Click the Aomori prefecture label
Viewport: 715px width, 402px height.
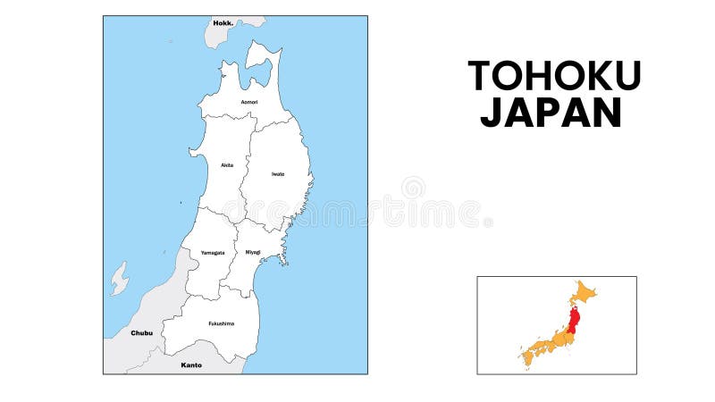249,102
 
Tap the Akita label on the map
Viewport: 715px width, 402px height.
227,165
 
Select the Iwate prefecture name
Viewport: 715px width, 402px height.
278,174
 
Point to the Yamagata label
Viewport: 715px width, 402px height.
213,253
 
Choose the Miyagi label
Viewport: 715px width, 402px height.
253,253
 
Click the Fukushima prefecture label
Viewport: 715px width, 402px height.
221,323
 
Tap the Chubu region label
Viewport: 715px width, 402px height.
141,333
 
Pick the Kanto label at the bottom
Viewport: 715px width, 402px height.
191,364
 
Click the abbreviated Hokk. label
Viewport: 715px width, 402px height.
223,22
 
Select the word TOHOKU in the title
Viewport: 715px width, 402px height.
554,76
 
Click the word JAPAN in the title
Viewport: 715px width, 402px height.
551,113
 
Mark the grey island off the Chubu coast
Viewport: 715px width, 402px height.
119,279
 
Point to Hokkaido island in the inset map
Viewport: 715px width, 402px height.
585,291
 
